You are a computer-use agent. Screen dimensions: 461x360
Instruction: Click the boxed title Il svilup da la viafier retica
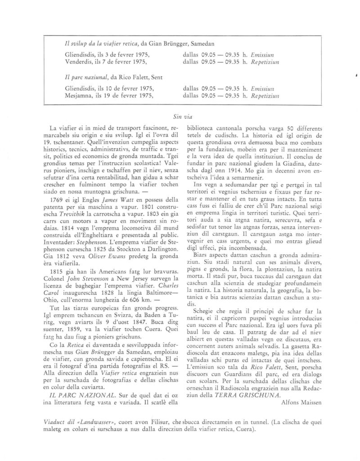[x=103, y=44]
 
